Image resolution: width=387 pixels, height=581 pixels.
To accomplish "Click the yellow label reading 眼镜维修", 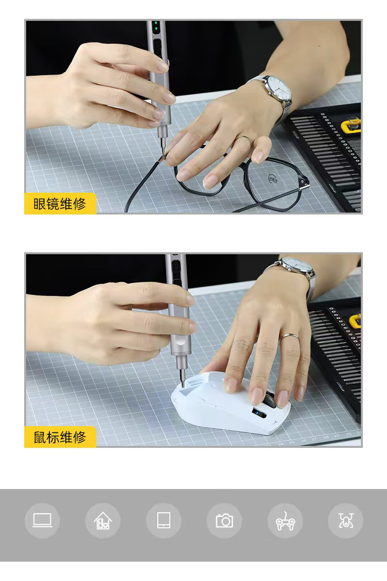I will pos(60,204).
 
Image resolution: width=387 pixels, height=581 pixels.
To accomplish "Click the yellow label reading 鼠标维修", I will pos(60,437).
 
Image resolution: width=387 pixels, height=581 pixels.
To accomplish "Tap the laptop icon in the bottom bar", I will pos(42,520).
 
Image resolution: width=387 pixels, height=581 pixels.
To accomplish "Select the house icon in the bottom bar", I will pos(103,521).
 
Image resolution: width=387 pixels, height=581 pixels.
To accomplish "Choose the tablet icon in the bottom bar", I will pos(164,521).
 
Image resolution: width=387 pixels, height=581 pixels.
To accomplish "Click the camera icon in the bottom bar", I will pos(224,521).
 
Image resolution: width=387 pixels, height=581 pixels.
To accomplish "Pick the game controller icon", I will pos(285,521).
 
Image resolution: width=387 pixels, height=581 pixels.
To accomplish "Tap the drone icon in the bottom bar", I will pos(345,521).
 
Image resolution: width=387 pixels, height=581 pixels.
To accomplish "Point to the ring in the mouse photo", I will pos(289,336).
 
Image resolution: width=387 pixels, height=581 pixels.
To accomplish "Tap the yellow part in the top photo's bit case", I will pos(352,124).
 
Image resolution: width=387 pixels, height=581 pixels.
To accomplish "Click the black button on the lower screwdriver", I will pos(177,265).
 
